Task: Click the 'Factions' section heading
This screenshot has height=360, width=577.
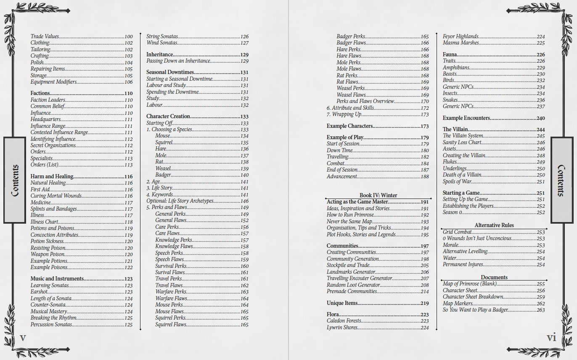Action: (40, 93)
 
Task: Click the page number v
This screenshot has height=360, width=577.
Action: (23, 338)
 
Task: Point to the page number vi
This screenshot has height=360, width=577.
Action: (551, 338)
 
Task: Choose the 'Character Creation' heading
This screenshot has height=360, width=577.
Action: (168, 116)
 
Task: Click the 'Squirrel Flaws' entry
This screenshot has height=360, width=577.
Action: (171, 325)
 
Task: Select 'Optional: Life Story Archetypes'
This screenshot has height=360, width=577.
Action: (180, 201)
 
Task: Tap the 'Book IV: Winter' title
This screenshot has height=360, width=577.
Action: (378, 195)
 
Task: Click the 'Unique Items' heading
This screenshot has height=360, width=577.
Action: (342, 303)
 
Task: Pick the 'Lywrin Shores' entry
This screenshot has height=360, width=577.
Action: (342, 328)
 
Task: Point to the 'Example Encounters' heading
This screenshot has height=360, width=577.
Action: (466, 118)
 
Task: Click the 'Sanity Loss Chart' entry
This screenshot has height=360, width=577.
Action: (462, 143)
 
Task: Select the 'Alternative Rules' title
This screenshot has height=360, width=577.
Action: (494, 225)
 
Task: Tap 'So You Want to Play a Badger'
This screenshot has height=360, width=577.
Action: (475, 310)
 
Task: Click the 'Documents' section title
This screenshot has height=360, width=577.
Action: (494, 278)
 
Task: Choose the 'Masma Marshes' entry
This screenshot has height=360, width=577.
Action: (461, 43)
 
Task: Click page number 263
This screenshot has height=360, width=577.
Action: (540, 310)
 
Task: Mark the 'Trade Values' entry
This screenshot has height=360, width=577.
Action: (45, 37)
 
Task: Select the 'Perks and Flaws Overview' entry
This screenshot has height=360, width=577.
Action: (365, 101)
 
